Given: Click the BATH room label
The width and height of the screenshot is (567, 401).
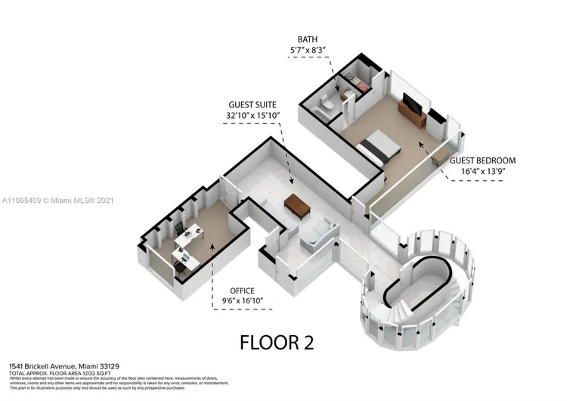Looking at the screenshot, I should coord(308,39).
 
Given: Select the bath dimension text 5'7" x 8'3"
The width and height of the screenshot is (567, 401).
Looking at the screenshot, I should coord(308,51).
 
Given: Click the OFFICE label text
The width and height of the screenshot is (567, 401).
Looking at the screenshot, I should coord(243,291).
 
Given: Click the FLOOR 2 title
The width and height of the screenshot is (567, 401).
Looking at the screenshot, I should coord(277,342).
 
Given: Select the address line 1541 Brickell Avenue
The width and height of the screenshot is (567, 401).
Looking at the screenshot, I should coord(57,365).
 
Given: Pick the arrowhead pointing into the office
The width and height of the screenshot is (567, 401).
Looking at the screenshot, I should coord(212,246).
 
